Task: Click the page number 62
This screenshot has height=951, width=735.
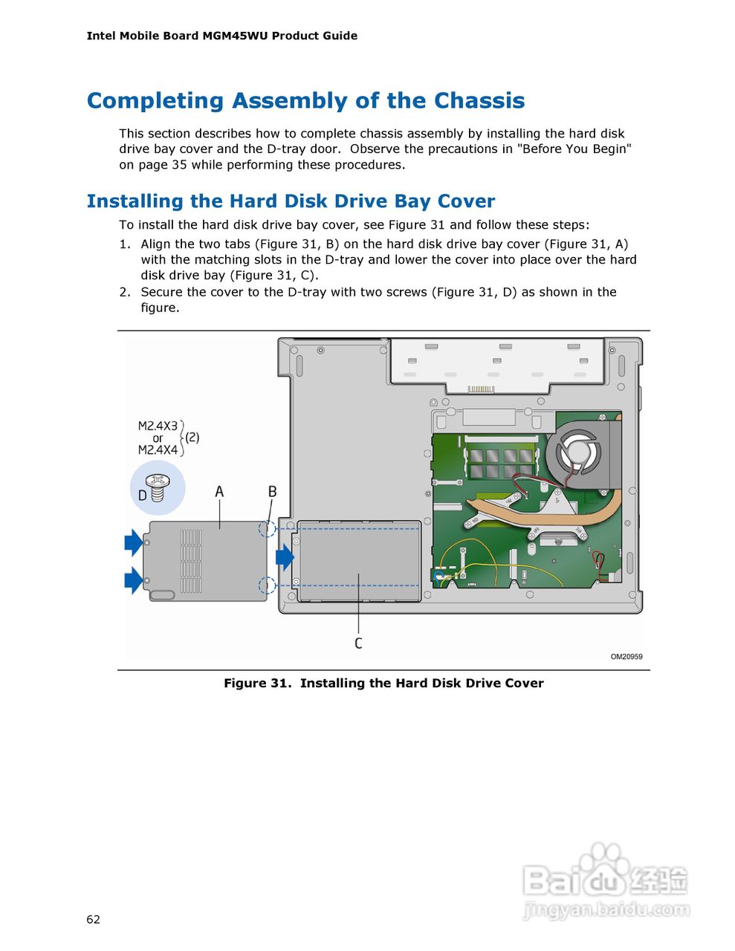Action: [x=93, y=919]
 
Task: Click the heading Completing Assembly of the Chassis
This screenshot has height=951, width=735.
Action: [x=305, y=101]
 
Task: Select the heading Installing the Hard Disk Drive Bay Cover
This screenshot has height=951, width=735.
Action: [x=291, y=201]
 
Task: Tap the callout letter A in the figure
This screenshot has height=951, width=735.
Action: [x=219, y=492]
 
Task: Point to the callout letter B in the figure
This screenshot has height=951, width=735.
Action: [x=272, y=492]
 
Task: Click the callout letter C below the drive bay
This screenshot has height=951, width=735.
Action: [x=358, y=643]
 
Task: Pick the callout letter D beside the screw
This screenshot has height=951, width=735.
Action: [x=142, y=496]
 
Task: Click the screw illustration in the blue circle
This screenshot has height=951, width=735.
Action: [x=158, y=487]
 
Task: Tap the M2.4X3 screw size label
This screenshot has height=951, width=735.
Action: [x=158, y=426]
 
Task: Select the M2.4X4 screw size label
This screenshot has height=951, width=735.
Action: [x=158, y=450]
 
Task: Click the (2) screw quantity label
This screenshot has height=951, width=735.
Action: [x=192, y=438]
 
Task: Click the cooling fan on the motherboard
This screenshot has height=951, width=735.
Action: [x=578, y=451]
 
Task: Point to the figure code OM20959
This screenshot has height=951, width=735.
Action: [x=626, y=657]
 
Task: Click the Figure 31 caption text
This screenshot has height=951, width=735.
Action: [x=383, y=684]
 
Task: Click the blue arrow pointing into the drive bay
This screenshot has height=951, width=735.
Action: [x=285, y=556]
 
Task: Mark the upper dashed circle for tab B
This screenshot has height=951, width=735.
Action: [x=267, y=529]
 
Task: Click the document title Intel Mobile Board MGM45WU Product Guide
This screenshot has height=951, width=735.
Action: [x=221, y=36]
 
